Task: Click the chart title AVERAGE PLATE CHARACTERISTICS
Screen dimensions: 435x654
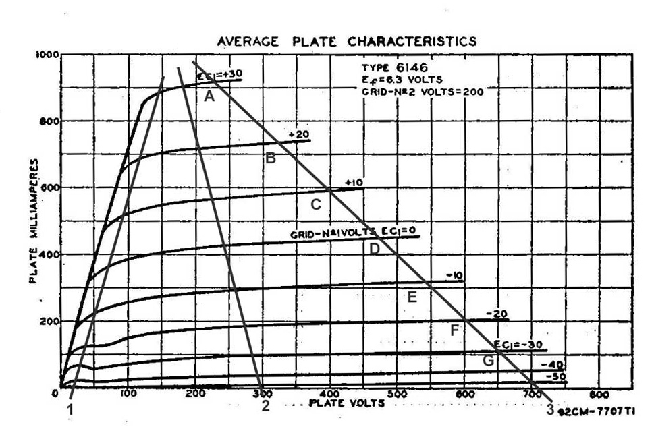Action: (346, 42)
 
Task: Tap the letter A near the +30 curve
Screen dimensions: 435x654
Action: (209, 96)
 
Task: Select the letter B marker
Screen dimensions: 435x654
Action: (270, 159)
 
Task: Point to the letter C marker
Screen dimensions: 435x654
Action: (315, 204)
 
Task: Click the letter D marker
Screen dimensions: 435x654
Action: (375, 248)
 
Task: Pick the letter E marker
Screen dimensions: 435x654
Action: (412, 295)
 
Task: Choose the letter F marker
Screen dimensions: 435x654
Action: (455, 330)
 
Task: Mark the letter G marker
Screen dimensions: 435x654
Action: (488, 361)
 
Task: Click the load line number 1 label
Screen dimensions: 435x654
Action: (70, 407)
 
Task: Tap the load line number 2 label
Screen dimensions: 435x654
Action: (265, 406)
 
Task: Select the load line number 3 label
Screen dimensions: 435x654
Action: (550, 409)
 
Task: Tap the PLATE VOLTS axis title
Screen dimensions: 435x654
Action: (347, 403)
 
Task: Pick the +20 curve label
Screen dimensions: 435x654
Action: (298, 135)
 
